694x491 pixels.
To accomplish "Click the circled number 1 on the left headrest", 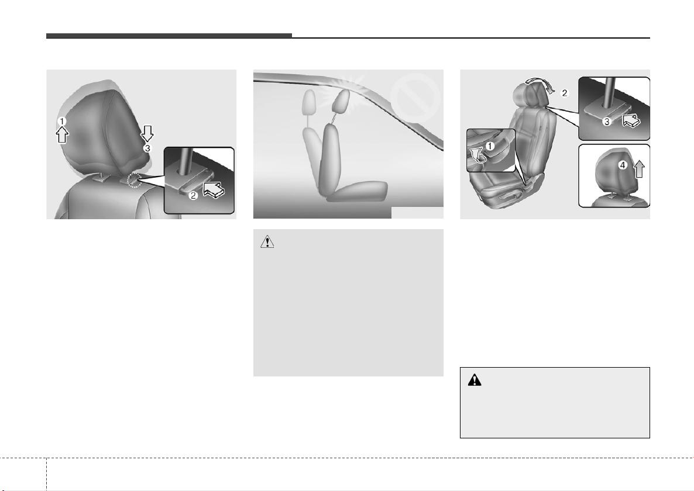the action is [x=63, y=121].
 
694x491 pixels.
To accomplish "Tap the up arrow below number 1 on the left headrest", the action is [x=63, y=134].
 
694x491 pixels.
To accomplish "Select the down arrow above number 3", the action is [x=147, y=133].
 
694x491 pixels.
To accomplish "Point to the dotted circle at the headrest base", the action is [x=134, y=180].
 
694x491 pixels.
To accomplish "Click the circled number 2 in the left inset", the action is [x=193, y=195].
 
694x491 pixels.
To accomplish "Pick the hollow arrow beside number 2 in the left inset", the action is [x=214, y=191].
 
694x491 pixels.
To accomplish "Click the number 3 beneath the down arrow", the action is [x=147, y=148].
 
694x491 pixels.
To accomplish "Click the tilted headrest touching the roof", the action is [x=341, y=102].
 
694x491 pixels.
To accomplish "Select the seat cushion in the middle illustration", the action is [x=357, y=192].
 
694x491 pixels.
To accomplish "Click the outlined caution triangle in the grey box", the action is [x=267, y=242].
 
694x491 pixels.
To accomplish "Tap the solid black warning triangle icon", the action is [x=475, y=380].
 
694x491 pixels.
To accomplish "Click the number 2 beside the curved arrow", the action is [x=564, y=93].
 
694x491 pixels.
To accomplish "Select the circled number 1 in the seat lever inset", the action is [x=490, y=146].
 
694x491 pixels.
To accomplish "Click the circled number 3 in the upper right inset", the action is [x=607, y=121].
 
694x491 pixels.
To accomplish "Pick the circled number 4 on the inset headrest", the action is [x=622, y=165].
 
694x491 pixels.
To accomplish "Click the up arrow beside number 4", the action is [x=638, y=168].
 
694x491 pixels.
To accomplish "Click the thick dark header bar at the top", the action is [x=169, y=36].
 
